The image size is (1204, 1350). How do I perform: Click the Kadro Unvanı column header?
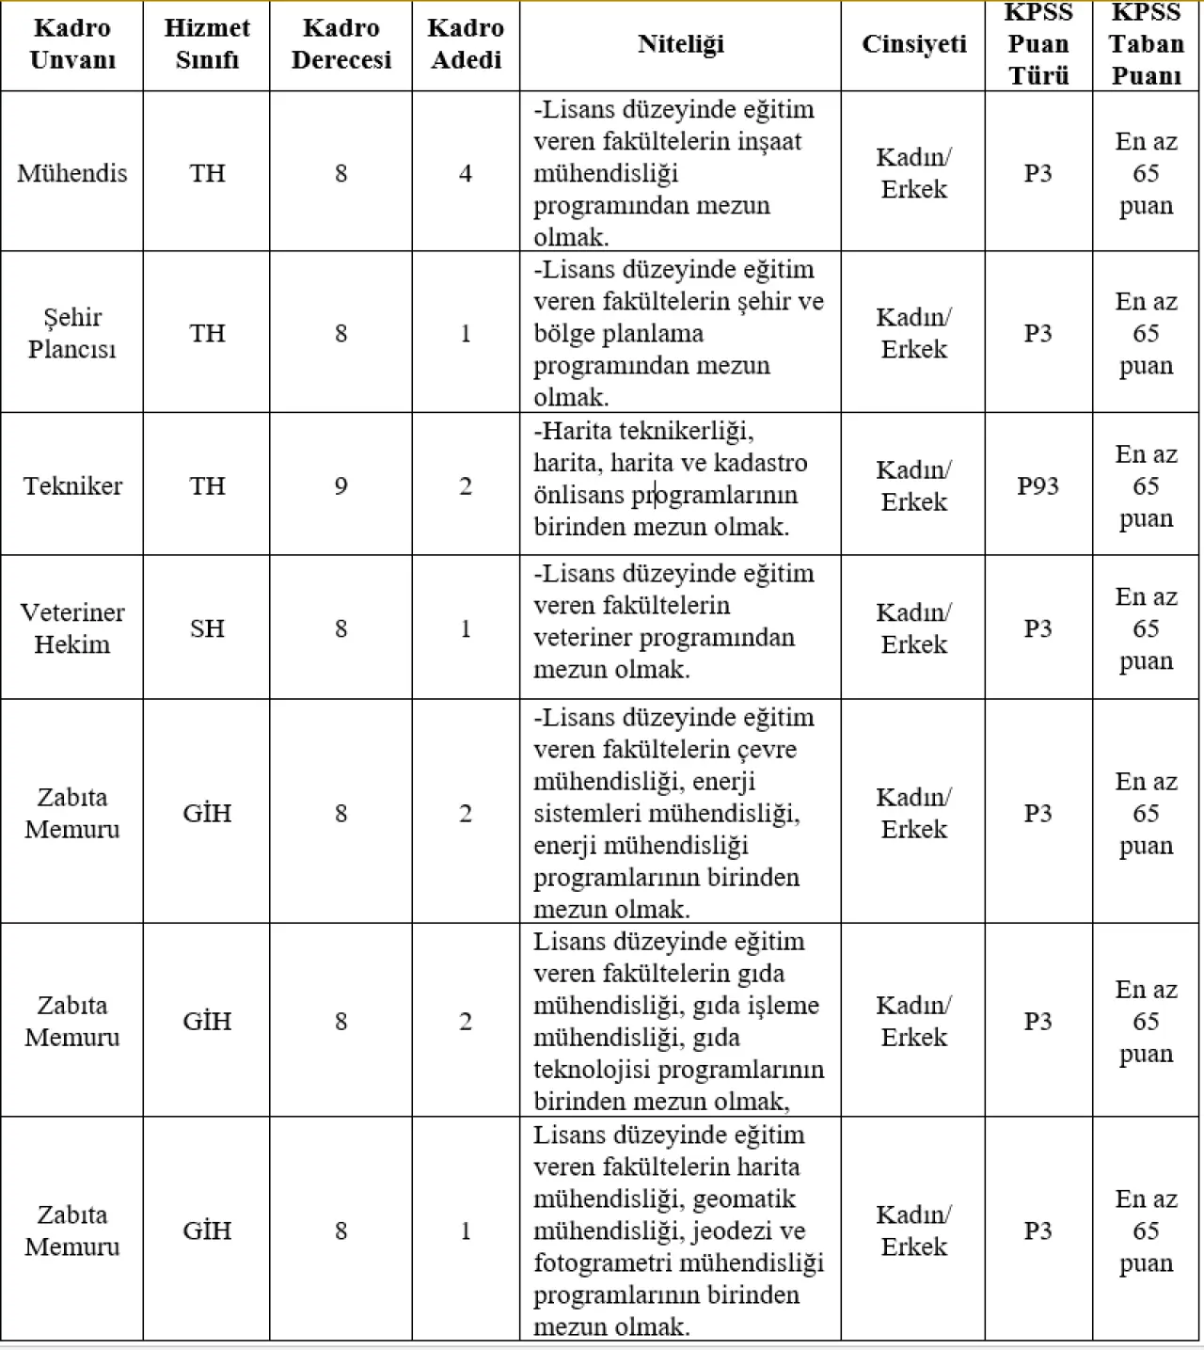(72, 44)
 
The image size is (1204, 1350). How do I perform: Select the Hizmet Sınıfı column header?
(207, 44)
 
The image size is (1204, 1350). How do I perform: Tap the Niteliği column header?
(681, 44)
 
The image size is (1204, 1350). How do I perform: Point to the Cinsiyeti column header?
(913, 44)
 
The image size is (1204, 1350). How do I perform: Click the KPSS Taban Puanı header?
(1146, 44)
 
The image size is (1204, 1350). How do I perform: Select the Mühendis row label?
(72, 173)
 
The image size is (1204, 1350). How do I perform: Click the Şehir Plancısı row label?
(72, 333)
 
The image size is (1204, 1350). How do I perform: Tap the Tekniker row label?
(72, 486)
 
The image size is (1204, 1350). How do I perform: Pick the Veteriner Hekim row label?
(72, 628)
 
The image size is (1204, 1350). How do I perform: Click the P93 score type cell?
(1038, 486)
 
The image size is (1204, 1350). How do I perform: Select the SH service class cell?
(207, 628)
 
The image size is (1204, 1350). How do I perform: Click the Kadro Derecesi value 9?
(341, 486)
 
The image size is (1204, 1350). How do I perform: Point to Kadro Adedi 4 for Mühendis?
(466, 173)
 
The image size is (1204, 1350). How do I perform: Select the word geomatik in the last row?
(744, 1199)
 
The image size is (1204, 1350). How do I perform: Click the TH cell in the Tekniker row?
(207, 486)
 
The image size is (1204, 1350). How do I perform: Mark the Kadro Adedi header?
(466, 44)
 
